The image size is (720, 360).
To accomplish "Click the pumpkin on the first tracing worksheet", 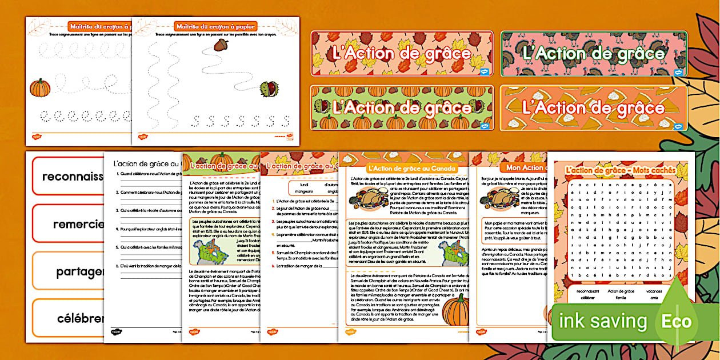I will [40, 88].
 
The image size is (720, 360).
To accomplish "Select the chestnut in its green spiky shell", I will [269, 89].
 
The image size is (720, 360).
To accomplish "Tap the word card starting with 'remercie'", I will [69, 224].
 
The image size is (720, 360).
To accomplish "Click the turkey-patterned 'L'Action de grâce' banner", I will [594, 54].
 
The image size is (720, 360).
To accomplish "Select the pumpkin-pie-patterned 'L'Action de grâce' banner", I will [594, 107].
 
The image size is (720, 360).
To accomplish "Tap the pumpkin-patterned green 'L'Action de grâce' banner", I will [402, 107].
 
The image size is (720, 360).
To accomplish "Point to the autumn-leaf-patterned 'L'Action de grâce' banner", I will [402, 54].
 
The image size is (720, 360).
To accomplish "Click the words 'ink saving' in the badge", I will [603, 321].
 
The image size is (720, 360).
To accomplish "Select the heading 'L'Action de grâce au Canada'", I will [411, 168].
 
